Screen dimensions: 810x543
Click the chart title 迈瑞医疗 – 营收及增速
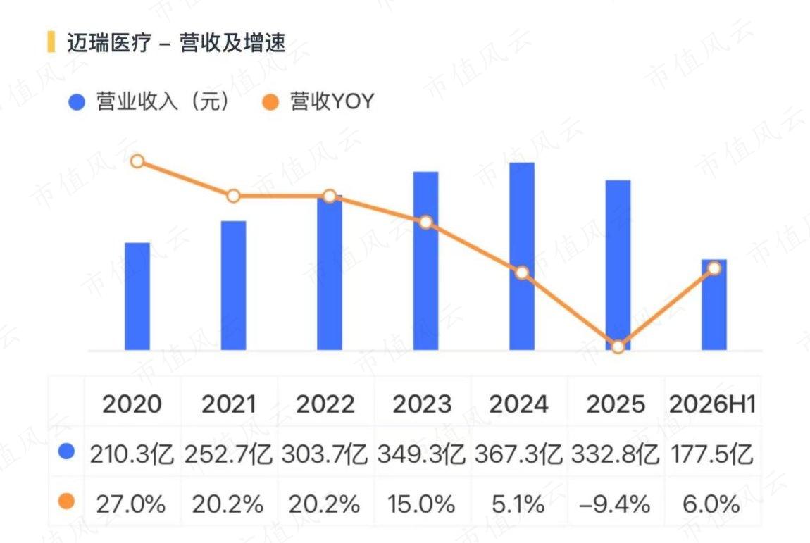[x=176, y=42]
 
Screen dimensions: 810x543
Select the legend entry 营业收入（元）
[x=149, y=101]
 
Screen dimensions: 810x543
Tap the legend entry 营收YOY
[x=318, y=101]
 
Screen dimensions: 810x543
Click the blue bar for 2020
[x=137, y=297]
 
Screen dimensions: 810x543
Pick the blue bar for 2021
[x=234, y=286]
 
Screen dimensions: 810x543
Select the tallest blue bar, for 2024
[x=522, y=257]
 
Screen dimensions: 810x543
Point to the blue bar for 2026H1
[x=714, y=305]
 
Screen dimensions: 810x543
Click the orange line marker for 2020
[x=137, y=161]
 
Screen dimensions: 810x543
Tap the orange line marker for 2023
[x=425, y=222]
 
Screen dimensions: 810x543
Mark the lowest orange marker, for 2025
[x=618, y=347]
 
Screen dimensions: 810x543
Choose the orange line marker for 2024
[x=522, y=273]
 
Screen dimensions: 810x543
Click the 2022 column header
[x=325, y=404]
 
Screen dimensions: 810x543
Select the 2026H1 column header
[x=712, y=404]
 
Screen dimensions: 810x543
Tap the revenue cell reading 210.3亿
[x=132, y=455]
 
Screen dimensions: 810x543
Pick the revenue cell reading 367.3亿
[x=518, y=455]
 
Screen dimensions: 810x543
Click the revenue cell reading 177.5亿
[x=712, y=455]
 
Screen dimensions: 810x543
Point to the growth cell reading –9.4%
[x=615, y=504]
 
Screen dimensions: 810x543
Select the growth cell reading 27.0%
[x=131, y=504]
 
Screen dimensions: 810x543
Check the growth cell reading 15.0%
[x=421, y=504]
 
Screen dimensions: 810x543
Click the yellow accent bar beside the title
[x=51, y=42]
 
